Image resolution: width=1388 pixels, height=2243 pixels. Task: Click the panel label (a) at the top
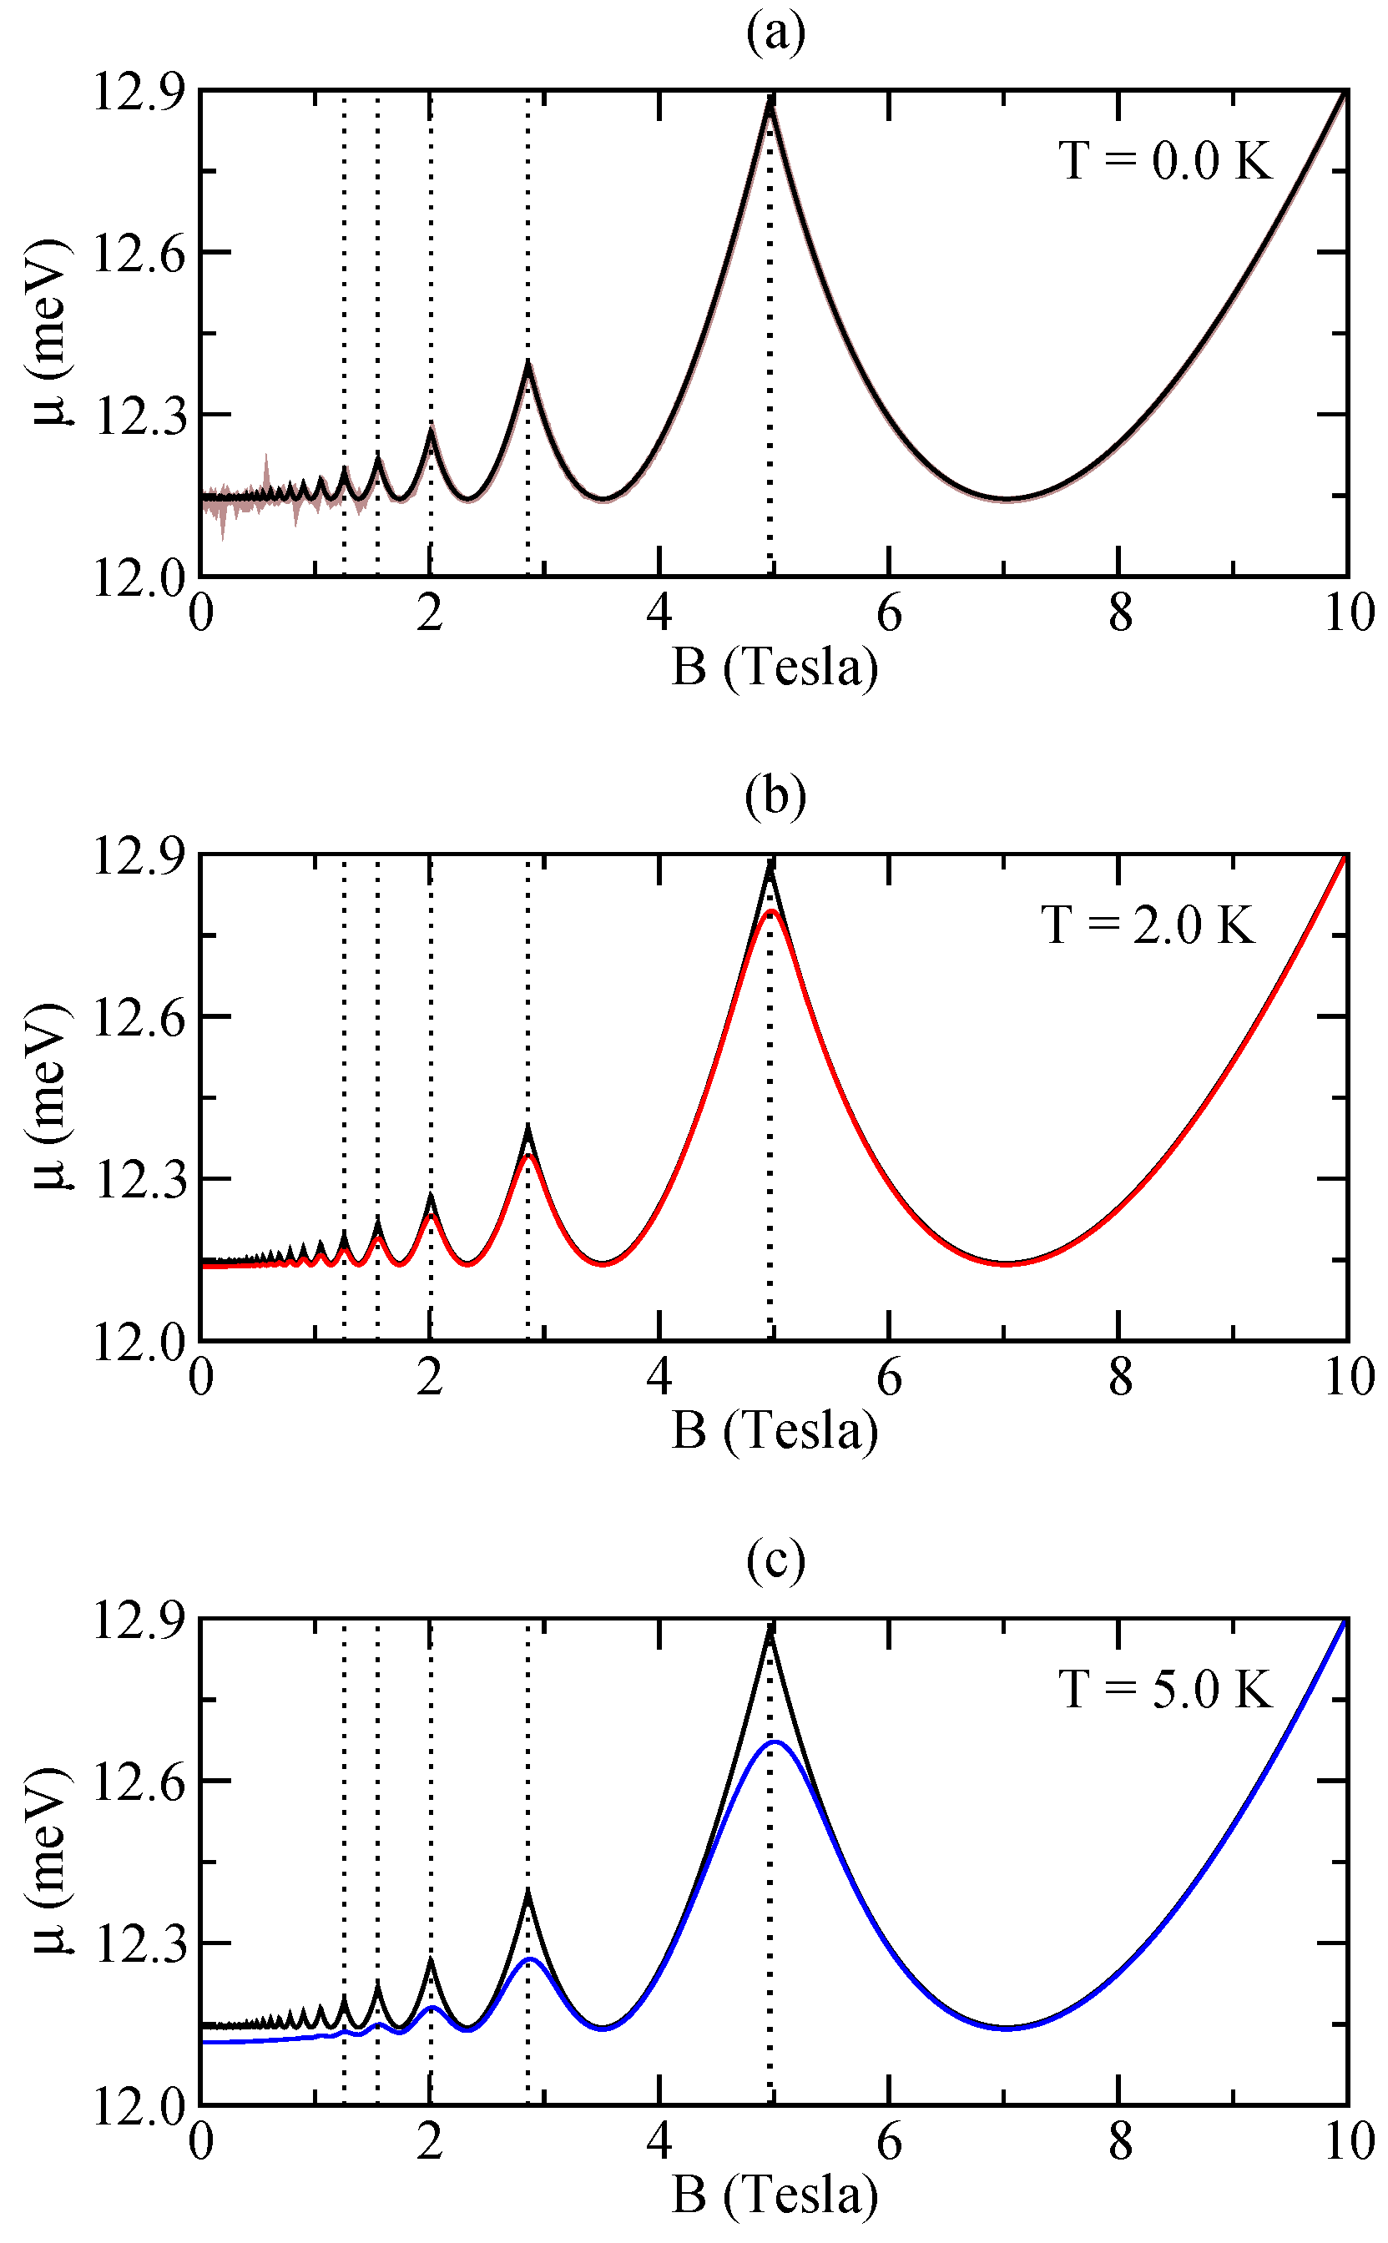tap(775, 34)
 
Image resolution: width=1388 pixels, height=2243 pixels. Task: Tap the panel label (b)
tap(775, 797)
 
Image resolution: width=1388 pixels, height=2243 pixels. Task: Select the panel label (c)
tap(775, 1562)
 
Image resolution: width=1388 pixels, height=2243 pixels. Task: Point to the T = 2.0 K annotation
tap(1148, 925)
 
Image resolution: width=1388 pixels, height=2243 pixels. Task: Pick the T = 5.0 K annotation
tap(1166, 1689)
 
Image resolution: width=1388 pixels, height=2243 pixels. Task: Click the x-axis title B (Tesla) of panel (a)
tap(775, 668)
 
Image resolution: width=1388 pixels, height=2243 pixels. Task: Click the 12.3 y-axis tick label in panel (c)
tap(138, 1943)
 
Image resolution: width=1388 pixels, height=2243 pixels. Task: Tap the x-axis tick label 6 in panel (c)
tap(889, 2142)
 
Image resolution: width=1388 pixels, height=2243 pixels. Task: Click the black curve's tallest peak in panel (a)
tap(771, 98)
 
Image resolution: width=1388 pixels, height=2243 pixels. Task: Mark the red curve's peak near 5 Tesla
tap(772, 910)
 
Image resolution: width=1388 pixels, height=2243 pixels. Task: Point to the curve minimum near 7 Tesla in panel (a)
tap(1007, 499)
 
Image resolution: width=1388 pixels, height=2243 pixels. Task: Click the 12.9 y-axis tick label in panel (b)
tap(138, 855)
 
